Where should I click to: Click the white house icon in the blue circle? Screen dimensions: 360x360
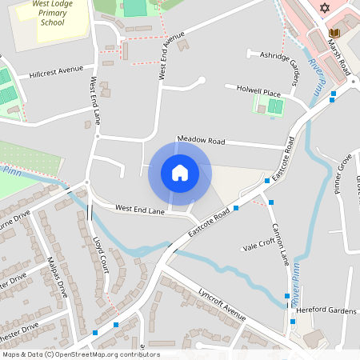tap(180, 173)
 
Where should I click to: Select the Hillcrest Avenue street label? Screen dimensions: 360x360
tap(56, 71)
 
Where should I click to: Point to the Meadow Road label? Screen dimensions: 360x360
tap(202, 139)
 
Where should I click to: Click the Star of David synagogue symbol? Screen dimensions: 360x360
tap(324, 8)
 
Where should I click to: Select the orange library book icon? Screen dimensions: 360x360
tap(334, 33)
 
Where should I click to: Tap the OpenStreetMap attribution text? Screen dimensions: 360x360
tap(80, 354)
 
